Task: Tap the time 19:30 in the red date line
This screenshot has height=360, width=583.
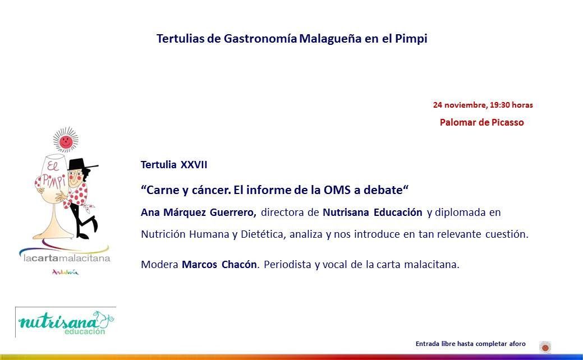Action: point(499,105)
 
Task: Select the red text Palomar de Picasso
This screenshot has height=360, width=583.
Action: point(482,122)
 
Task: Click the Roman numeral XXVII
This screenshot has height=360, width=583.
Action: point(194,165)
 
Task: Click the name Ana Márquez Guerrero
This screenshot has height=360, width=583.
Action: point(199,213)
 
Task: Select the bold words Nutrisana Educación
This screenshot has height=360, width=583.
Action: point(373,213)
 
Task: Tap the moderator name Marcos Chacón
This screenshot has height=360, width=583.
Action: point(219,265)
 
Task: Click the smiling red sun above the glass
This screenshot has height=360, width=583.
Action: point(66,140)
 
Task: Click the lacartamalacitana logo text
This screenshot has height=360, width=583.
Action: point(67,258)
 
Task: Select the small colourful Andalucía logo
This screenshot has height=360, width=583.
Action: point(66,273)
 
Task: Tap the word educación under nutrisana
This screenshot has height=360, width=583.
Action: point(85,331)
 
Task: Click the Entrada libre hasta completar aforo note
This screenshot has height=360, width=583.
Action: point(470,344)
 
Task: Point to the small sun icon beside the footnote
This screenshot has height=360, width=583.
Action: point(545,347)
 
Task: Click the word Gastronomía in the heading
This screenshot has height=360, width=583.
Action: point(260,39)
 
